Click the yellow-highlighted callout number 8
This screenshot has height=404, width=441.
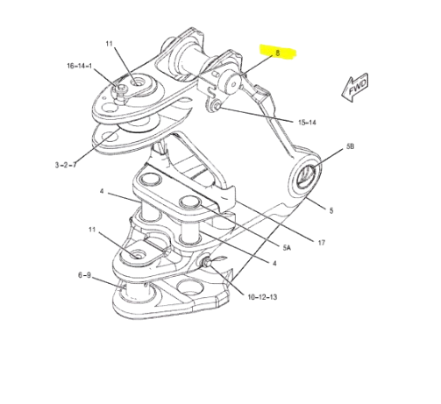277,53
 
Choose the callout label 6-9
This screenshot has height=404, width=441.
84,275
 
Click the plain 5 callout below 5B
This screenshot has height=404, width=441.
331,210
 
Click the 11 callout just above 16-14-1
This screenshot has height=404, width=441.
110,44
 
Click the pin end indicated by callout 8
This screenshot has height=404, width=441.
234,83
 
